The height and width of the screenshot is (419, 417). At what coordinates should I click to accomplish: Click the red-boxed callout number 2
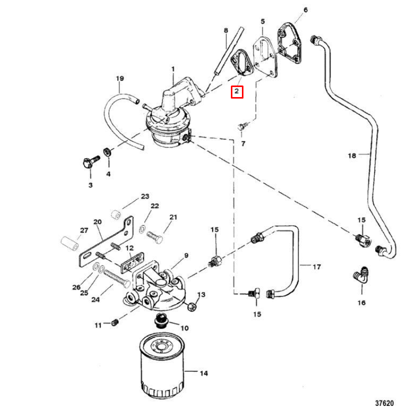point(236,92)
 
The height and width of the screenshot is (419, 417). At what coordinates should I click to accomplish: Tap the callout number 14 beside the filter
point(203,373)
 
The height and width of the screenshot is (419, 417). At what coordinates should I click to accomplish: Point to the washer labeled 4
point(107,151)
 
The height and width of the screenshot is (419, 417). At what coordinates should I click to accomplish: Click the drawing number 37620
point(384,403)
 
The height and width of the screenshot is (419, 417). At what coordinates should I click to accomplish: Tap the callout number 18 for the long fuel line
point(352,155)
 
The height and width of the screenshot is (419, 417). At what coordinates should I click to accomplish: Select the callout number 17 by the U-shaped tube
point(316,267)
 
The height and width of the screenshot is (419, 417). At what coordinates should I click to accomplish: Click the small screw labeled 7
point(241,125)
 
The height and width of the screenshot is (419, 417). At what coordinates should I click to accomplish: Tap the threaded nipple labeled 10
point(162,320)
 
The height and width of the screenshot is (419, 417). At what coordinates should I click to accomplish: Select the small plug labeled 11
point(115,322)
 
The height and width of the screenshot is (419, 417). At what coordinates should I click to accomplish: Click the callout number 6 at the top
point(305,10)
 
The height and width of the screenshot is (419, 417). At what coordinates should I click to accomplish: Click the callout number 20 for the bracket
point(97,222)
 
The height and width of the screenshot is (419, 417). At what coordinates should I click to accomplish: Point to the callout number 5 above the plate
point(263,21)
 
